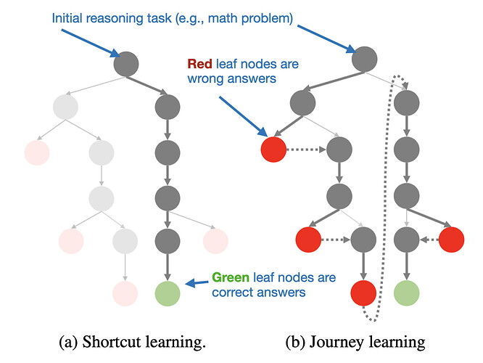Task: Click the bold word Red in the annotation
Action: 201,65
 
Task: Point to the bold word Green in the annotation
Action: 231,278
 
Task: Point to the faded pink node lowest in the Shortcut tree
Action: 125,293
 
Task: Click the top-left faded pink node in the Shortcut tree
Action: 36,152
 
